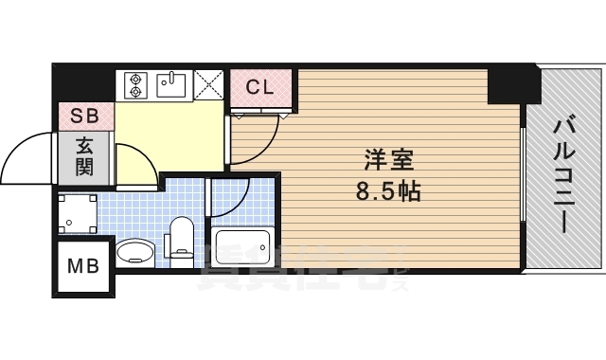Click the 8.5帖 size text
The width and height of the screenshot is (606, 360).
pyautogui.click(x=388, y=191)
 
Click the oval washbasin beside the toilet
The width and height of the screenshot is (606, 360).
pyautogui.click(x=136, y=253)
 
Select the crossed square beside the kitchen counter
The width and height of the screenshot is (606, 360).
pyautogui.click(x=210, y=85)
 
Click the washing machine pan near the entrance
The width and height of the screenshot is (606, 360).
pyautogui.click(x=79, y=214)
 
